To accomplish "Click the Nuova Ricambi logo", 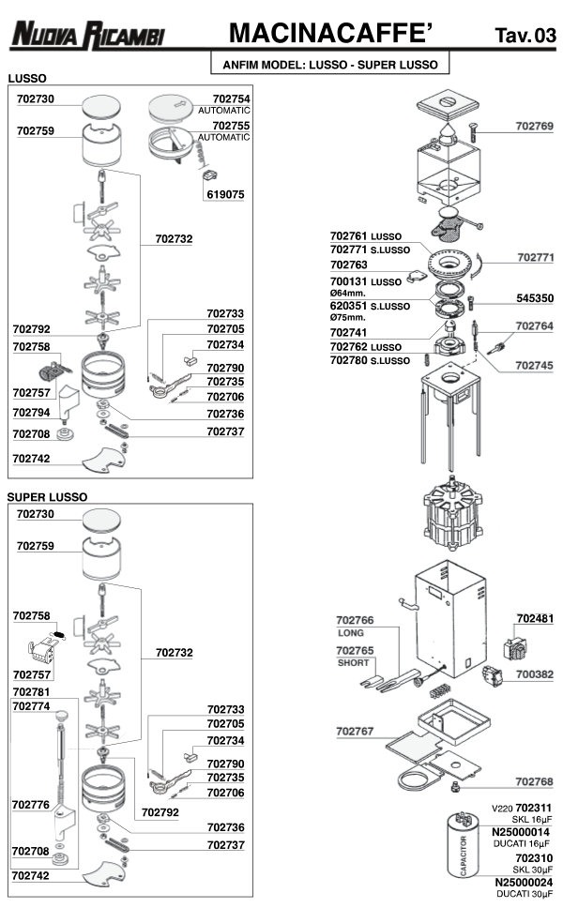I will pos(87,36).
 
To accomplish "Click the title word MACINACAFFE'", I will pos(331,35).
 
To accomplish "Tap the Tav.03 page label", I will pos(525,37).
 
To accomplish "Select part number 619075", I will pos(225,194).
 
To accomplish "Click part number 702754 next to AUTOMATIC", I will pos(231,98).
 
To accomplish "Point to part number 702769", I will pos(535,126).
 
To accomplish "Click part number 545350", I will pos(535,298).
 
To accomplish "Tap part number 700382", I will pos(535,673).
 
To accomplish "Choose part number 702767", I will pos(355,730).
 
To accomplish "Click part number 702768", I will pos(534,781).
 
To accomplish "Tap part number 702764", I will pos(535,326).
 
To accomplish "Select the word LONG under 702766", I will pos(349,633).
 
